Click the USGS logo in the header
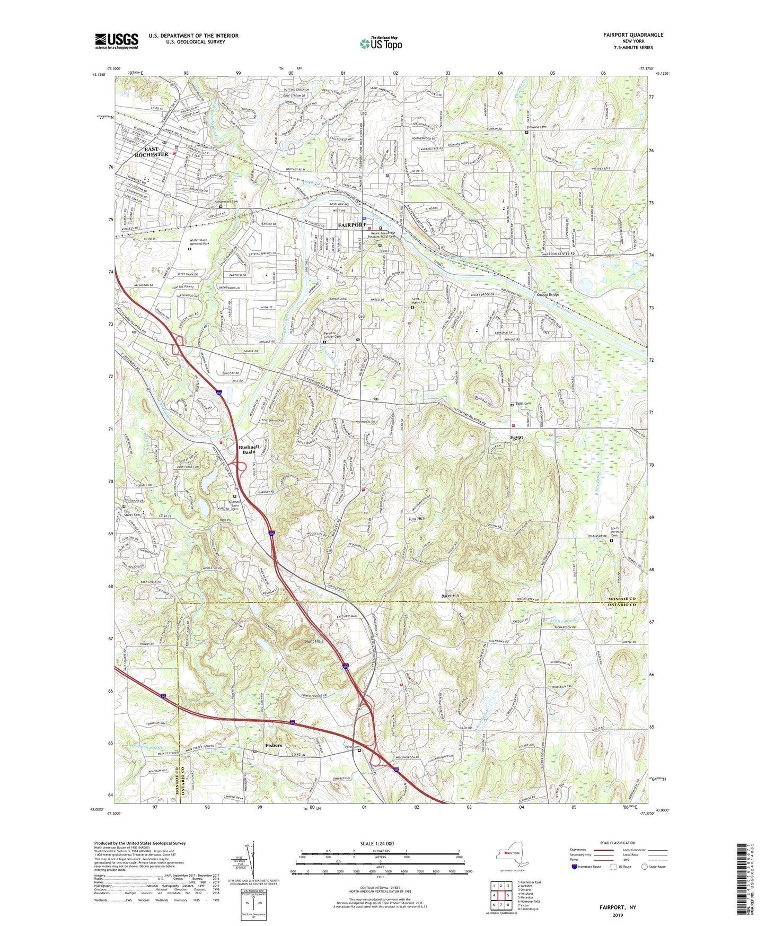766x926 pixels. pyautogui.click(x=117, y=40)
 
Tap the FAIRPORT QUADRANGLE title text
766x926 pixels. pyautogui.click(x=633, y=35)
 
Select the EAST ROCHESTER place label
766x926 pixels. pyautogui.click(x=151, y=152)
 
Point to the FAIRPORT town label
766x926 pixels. pyautogui.click(x=352, y=225)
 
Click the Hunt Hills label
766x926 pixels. pyautogui.click(x=314, y=641)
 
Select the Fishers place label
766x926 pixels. pyautogui.click(x=274, y=745)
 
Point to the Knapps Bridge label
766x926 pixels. pyautogui.click(x=548, y=294)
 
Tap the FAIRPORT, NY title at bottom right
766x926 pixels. pyautogui.click(x=618, y=907)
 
